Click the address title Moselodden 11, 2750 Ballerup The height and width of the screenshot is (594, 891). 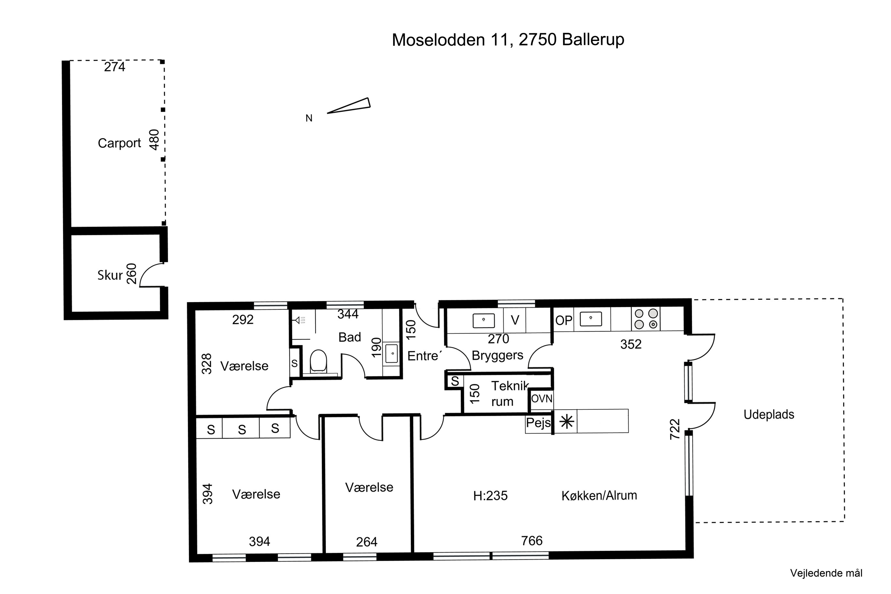508,40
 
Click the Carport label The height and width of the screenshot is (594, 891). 119,143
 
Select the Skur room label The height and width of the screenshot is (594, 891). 110,275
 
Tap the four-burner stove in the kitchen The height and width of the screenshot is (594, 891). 646,319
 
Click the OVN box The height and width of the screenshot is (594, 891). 541,399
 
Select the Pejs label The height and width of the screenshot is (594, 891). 538,422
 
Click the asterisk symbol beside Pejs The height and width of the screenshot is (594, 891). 566,422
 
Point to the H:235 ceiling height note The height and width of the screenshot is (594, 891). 490,495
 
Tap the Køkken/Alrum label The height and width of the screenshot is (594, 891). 599,495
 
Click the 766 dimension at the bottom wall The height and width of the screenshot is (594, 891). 532,541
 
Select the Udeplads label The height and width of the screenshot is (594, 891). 769,414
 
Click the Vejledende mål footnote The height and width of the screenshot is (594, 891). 826,573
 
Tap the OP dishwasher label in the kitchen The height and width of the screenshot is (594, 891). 563,320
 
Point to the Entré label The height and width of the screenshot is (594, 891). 423,356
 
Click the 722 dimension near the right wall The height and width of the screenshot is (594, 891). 675,429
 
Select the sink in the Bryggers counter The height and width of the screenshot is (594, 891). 484,320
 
